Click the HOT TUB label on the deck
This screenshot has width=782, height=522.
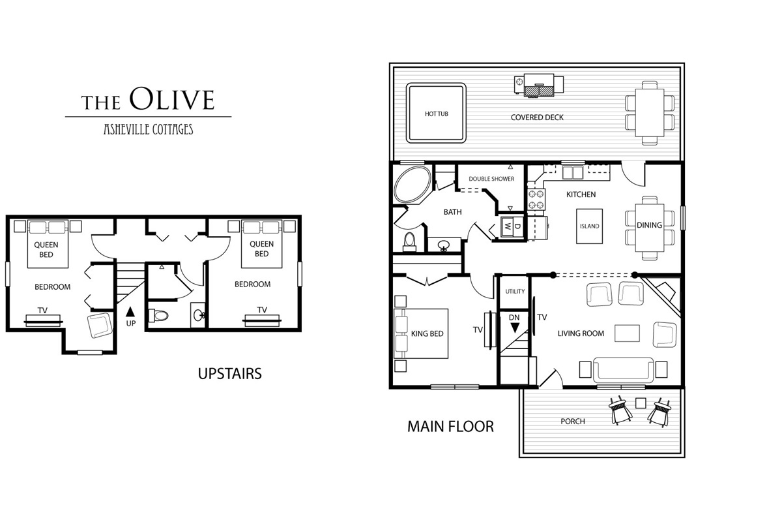pos(437,114)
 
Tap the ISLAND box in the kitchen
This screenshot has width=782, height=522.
pos(589,226)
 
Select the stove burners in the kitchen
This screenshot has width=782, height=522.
pos(536,199)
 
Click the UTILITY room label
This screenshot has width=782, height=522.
pos(515,291)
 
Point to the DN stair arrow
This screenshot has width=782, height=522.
pos(515,328)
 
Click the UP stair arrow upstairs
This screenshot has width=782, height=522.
pos(130,311)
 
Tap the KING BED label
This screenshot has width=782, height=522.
pos(427,333)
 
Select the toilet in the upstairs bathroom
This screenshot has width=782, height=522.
pos(159,316)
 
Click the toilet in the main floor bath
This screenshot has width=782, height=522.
pos(409,242)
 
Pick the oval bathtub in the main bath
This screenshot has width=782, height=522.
pos(413,184)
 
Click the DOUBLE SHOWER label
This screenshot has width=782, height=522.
pos(491,179)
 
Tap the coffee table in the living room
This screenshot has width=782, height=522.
pos(627,333)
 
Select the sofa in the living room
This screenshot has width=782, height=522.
pos(623,370)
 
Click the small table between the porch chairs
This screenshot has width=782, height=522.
pos(641,403)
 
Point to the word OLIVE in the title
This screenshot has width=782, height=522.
pos(172,99)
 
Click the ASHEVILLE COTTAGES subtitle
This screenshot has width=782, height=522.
pos(149,129)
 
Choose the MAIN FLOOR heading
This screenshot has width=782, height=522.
pos(450,427)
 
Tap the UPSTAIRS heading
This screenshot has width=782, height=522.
pos(229,373)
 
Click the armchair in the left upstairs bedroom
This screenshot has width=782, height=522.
pos(100,325)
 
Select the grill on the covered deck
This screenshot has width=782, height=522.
pos(539,85)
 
